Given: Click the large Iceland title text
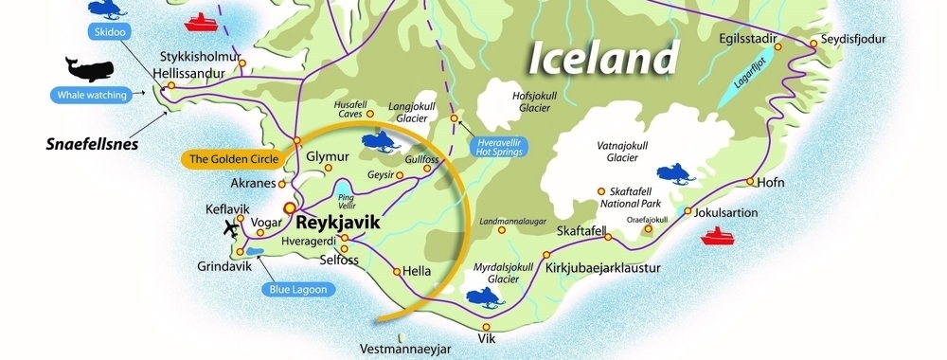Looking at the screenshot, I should point(603,58).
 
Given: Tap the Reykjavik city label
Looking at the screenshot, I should point(337,224).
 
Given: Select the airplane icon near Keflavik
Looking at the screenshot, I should point(230,227).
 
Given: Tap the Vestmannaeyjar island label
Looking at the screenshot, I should point(406,350).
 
